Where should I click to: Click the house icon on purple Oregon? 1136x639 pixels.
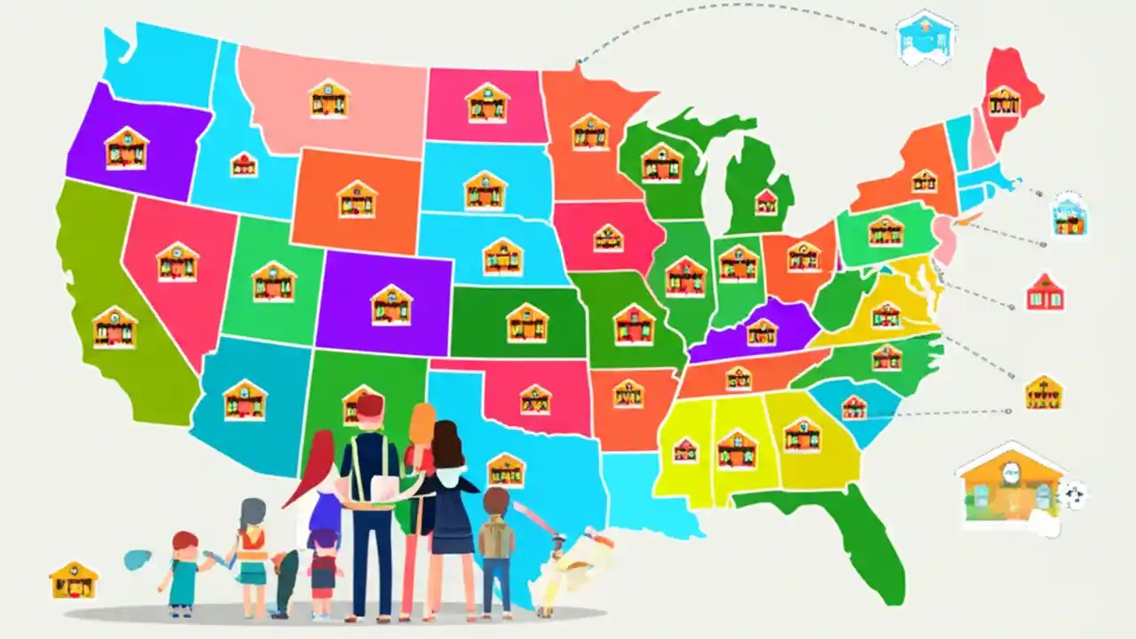pyautogui.click(x=126, y=148)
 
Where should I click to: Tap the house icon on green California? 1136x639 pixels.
pyautogui.click(x=114, y=327)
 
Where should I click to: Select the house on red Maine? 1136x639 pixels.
pyautogui.click(x=1004, y=101)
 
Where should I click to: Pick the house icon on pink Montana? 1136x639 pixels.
pyautogui.click(x=328, y=99)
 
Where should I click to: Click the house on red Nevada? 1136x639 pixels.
pyautogui.click(x=177, y=262)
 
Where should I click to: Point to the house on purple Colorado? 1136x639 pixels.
pyautogui.click(x=390, y=305)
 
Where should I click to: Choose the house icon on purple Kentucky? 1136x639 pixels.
pyautogui.click(x=761, y=332)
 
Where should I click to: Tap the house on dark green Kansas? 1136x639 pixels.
pyautogui.click(x=527, y=323)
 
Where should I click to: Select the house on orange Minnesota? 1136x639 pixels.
pyautogui.click(x=590, y=132)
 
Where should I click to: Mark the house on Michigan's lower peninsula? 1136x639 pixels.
pyautogui.click(x=766, y=201)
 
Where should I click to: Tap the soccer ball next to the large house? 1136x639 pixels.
pyautogui.click(x=1075, y=494)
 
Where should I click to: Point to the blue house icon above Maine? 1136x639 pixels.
pyautogui.click(x=927, y=38)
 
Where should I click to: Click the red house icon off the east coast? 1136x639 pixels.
pyautogui.click(x=1045, y=293)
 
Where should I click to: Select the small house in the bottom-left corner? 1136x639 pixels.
pyautogui.click(x=74, y=580)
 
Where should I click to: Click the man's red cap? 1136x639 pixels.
pyautogui.click(x=369, y=406)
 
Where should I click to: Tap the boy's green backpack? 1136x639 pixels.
pyautogui.click(x=495, y=538)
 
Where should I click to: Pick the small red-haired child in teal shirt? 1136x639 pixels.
pyautogui.click(x=185, y=572)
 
